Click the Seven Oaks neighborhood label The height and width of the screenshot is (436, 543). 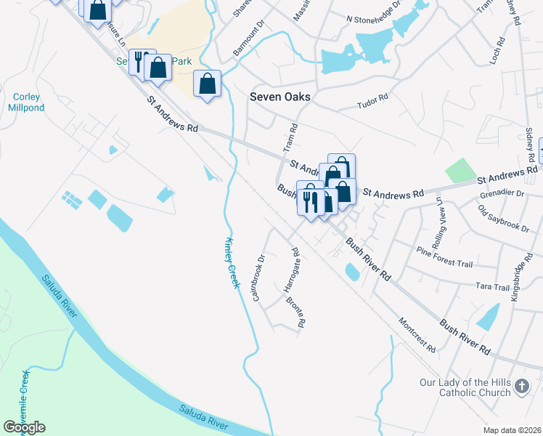click(x=279, y=97)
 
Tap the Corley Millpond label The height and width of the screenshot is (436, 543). click(x=26, y=102)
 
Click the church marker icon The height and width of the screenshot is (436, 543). click(x=521, y=387)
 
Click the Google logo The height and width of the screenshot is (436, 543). click(x=24, y=427)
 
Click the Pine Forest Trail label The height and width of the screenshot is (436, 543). click(x=444, y=251)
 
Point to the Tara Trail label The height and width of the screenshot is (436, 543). click(x=493, y=287)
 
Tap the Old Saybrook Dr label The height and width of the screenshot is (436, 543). click(x=504, y=219)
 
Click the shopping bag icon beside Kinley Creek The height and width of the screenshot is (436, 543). click(x=208, y=84)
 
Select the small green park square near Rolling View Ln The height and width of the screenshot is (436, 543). click(x=459, y=171)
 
